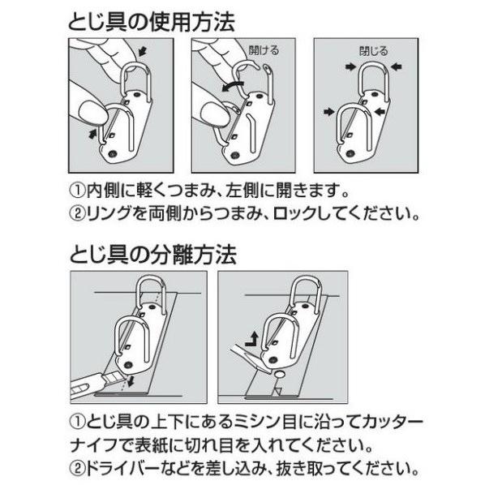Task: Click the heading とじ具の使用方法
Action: click(x=151, y=22)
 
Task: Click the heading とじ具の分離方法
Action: click(x=153, y=255)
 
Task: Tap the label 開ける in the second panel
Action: click(x=264, y=50)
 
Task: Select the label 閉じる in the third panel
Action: click(x=373, y=51)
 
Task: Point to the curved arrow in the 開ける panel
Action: click(x=233, y=86)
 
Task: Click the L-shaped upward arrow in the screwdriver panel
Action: click(x=251, y=339)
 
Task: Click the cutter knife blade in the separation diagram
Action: click(x=114, y=378)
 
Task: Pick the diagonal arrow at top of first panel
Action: click(x=142, y=51)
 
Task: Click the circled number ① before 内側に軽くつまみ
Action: click(x=77, y=191)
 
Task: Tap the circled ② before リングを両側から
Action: click(x=77, y=213)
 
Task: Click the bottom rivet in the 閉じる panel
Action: click(x=350, y=153)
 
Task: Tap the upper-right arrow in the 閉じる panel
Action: click(x=396, y=67)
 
